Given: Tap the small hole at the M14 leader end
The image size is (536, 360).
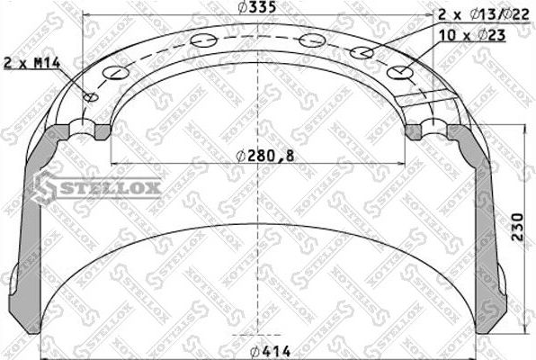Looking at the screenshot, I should click(x=91, y=97).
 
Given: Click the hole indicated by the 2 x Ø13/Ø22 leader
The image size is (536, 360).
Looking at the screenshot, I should click(x=362, y=52).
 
